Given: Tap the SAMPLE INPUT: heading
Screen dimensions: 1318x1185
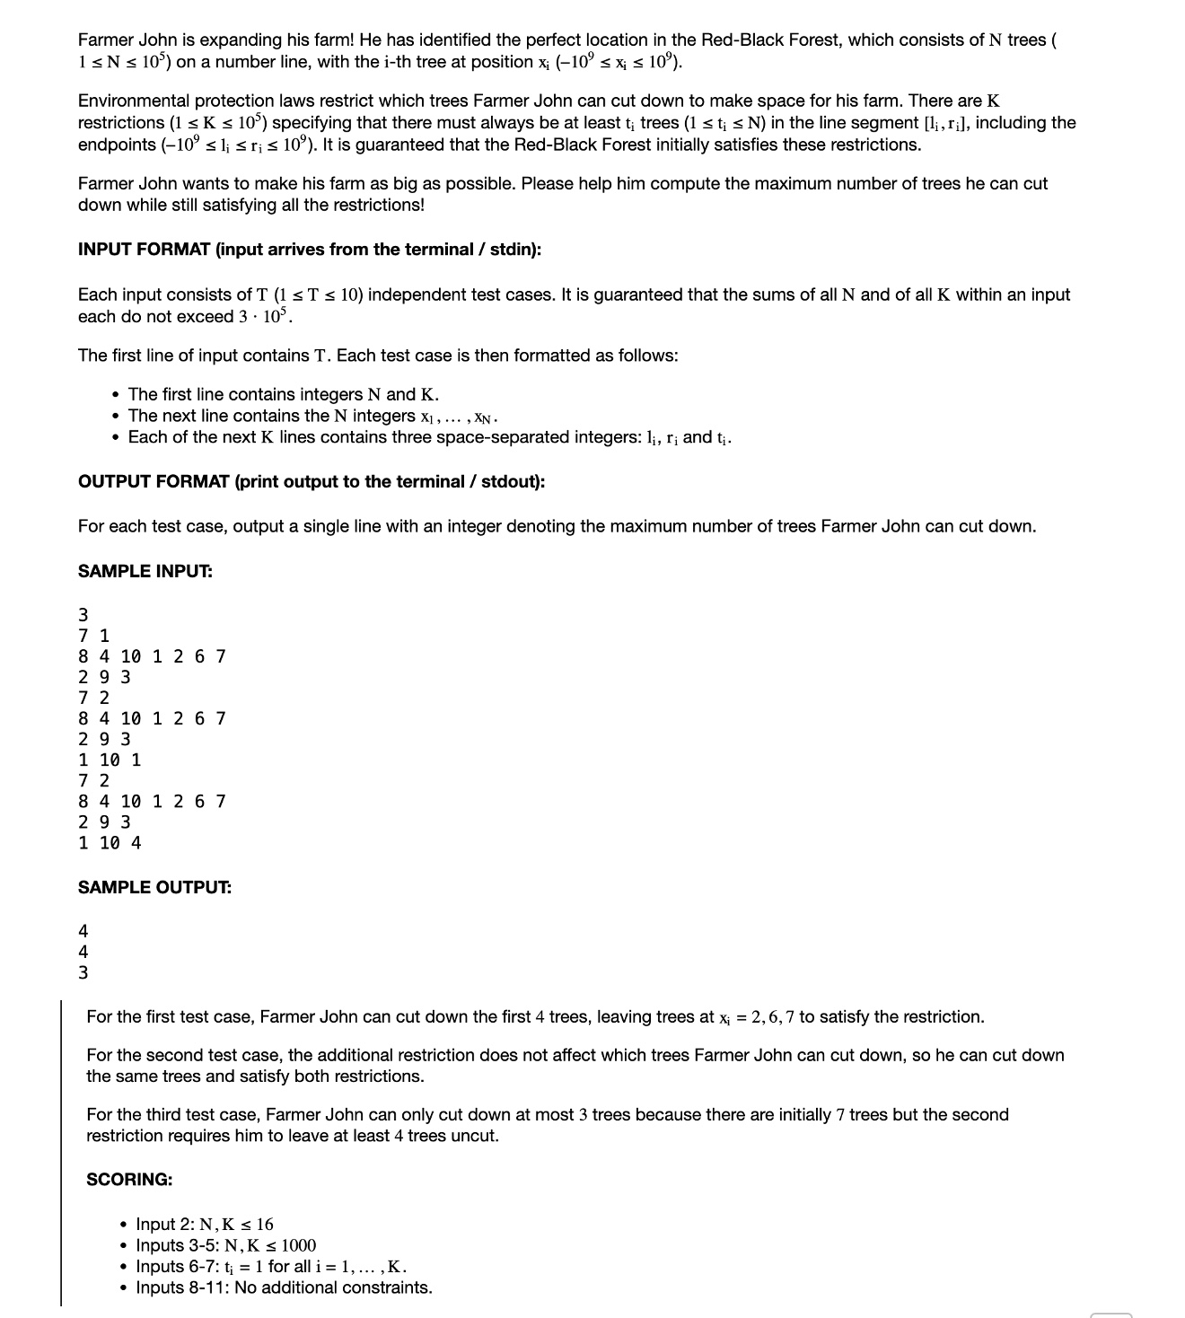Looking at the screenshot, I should pos(145,571).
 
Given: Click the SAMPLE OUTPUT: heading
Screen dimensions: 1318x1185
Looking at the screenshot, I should pos(154,887).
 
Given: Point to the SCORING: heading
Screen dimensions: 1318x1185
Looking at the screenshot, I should pos(129,1179).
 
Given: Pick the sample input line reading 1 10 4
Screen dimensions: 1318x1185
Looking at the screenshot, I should pos(110,843).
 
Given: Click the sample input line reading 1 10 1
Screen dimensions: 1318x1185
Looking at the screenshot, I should pos(110,760).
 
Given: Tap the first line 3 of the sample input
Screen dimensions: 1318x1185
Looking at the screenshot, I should pos(83,615).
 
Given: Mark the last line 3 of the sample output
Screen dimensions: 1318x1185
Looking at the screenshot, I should pos(83,972).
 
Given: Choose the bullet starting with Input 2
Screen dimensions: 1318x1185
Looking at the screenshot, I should pos(205,1224).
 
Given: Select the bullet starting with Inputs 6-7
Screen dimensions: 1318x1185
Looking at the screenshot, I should pos(271,1266).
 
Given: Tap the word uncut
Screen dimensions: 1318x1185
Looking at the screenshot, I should pos(476,1136).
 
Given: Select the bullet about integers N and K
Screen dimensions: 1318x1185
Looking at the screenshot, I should pos(284,394).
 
